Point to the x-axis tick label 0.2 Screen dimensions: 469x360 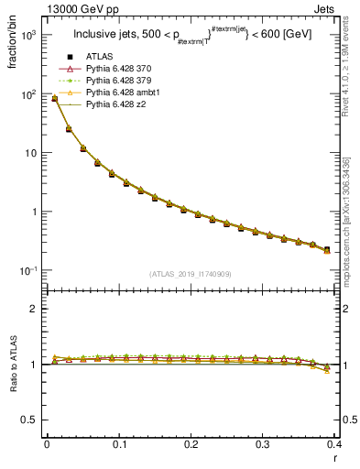pos(191,443)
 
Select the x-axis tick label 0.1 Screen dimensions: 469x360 pos(119,443)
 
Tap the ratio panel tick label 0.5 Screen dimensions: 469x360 pos(29,420)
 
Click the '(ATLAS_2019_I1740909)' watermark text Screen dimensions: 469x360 pos(191,274)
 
